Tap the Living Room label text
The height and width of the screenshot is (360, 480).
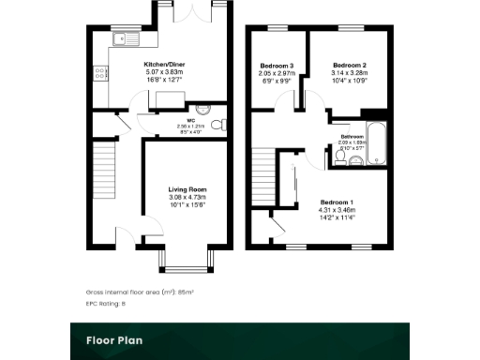[187, 189]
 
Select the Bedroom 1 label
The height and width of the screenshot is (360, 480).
[337, 203]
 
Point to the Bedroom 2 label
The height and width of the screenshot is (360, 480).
[347, 65]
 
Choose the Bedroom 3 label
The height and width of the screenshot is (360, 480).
[277, 65]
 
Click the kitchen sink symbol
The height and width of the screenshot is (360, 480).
[125, 39]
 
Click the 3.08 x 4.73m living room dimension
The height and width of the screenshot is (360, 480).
[187, 197]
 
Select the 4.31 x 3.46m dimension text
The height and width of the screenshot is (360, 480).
[337, 211]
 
